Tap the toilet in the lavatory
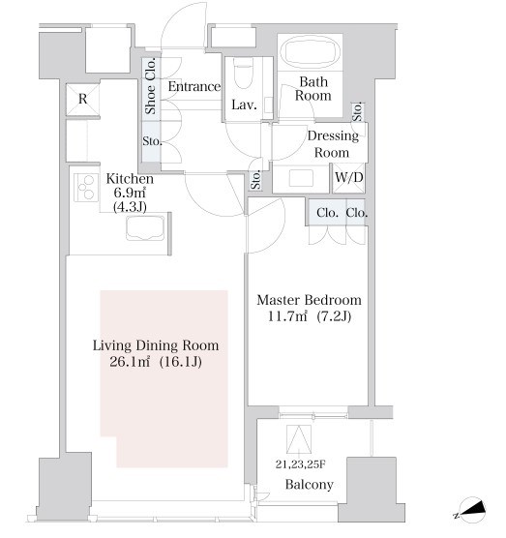click(x=244, y=75)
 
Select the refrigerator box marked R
click(x=82, y=100)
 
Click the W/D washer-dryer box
click(x=349, y=178)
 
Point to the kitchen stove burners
click(x=86, y=188)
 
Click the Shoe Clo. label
click(x=150, y=86)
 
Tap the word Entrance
click(x=193, y=86)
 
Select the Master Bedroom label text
click(x=309, y=300)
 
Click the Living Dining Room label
click(x=156, y=345)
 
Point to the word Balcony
click(x=310, y=485)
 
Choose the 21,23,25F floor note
click(x=301, y=464)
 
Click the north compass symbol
click(x=472, y=510)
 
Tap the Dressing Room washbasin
click(x=301, y=178)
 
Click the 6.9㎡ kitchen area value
click(x=130, y=193)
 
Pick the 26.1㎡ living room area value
click(x=130, y=362)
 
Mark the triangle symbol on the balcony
click(x=299, y=439)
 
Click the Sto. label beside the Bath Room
click(x=357, y=112)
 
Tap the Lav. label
click(x=244, y=105)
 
